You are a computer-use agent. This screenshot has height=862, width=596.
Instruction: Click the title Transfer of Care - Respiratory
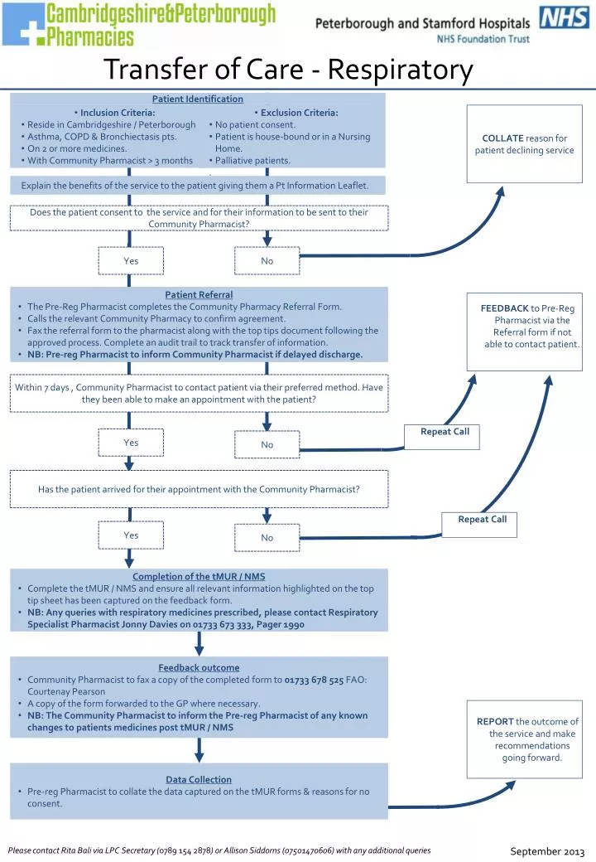click(288, 70)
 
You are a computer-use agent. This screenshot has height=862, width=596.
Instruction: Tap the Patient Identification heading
click(198, 99)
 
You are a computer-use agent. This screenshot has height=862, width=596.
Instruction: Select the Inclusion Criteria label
click(117, 113)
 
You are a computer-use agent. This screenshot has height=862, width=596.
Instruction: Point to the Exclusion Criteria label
click(299, 113)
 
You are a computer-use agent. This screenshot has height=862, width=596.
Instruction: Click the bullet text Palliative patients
click(252, 161)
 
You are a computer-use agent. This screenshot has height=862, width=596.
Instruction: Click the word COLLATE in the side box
click(503, 138)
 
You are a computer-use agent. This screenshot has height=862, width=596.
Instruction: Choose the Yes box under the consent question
click(131, 261)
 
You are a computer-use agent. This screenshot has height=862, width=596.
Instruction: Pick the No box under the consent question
click(267, 261)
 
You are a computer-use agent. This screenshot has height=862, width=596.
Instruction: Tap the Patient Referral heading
click(199, 294)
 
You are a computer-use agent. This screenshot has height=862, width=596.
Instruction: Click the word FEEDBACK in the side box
click(504, 308)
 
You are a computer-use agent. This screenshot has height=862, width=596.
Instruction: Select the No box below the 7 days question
click(267, 445)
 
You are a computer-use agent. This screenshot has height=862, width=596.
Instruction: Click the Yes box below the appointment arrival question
click(131, 535)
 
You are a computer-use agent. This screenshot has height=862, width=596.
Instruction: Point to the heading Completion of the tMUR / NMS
click(199, 576)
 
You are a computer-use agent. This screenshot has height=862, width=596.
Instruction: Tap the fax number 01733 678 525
click(314, 680)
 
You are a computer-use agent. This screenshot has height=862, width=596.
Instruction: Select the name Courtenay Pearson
click(66, 691)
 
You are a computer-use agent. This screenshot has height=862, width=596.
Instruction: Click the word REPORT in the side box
click(495, 721)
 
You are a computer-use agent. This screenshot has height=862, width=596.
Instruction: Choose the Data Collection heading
click(199, 779)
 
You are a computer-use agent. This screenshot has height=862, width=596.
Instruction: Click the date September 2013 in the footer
click(547, 851)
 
